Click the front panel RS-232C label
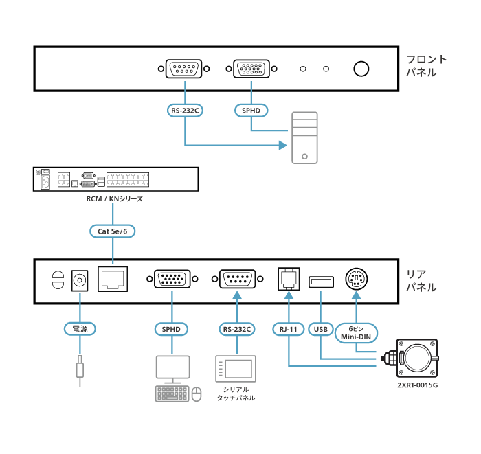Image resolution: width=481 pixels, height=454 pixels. (186, 110)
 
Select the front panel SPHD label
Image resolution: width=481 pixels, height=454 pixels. (251, 110)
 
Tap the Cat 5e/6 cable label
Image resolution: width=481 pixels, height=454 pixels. (113, 231)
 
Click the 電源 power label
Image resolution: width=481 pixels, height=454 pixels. (80, 329)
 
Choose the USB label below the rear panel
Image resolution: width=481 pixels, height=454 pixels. (321, 329)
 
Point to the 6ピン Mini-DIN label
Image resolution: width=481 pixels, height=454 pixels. (357, 332)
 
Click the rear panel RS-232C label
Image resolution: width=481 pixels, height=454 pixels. (236, 329)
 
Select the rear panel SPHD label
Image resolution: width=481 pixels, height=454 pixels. (171, 329)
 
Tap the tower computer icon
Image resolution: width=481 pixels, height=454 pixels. (304, 137)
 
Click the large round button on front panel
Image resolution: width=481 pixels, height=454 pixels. (361, 69)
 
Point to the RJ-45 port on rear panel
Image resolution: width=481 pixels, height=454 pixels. (113, 280)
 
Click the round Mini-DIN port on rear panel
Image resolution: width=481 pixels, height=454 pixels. (357, 280)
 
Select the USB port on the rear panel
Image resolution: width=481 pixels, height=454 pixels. (321, 280)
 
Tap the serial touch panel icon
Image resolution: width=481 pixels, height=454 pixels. (236, 370)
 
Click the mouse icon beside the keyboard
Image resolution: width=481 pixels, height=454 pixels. (197, 394)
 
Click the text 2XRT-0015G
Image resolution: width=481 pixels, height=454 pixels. (417, 385)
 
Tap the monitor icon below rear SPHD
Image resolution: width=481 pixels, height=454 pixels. (172, 368)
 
